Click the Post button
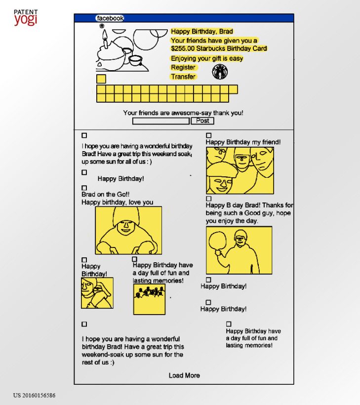202,121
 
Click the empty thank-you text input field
161,121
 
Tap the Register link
183,67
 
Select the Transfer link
183,77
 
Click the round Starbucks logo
220,72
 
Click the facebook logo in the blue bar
110,18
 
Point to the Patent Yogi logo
26,18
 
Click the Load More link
184,375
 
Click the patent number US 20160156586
35,396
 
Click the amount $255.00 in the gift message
183,48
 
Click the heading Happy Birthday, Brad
202,32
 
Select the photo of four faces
240,170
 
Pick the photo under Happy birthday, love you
128,230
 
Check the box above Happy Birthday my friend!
209,135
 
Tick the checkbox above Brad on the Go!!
84,188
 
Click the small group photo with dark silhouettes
149,299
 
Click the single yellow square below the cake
101,79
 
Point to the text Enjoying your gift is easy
207,59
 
